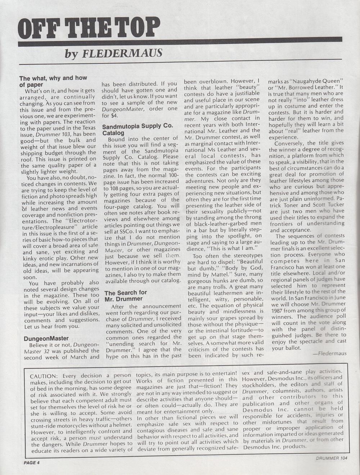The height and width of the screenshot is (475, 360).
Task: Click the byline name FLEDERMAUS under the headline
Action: coord(122,53)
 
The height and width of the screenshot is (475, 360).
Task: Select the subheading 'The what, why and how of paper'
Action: coord(53,81)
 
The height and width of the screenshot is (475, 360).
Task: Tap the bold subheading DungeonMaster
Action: coord(46,339)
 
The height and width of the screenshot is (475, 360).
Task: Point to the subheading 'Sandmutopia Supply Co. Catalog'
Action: coord(138,129)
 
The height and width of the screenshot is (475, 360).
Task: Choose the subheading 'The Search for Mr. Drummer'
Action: coord(126,296)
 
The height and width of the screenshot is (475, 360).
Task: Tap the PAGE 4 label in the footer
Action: coord(30,463)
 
